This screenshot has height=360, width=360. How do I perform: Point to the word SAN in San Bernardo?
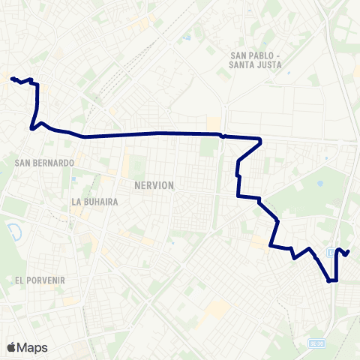(22, 163)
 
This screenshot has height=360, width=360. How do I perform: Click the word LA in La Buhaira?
(76, 202)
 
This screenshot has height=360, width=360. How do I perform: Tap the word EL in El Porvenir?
(19, 280)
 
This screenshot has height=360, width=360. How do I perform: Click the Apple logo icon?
(12, 347)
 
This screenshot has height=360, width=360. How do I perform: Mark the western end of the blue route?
(11, 78)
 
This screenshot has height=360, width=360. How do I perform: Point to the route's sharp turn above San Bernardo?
(31, 129)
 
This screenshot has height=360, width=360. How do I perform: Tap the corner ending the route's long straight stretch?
(260, 139)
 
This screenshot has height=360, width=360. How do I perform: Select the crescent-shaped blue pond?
(13, 229)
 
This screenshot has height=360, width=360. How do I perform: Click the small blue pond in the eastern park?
(320, 182)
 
